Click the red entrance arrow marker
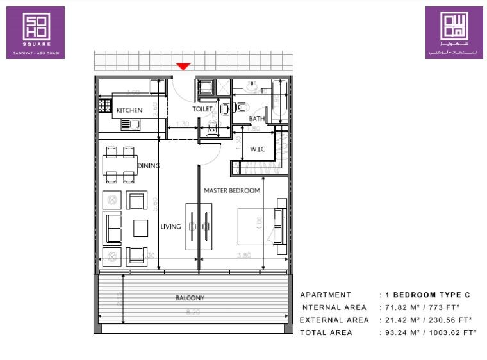click(184, 66)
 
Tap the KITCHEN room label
click(129, 110)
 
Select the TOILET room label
click(202, 109)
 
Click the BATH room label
click(257, 119)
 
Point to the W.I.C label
click(258, 149)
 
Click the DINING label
click(148, 166)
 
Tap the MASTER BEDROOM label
click(231, 190)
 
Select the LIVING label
click(171, 226)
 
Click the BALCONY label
click(190, 298)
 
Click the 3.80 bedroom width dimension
click(243, 255)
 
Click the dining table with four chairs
click(120, 164)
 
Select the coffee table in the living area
click(141, 227)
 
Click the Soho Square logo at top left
click(35, 32)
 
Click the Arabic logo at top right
click(454, 32)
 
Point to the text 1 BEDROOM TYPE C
click(427, 295)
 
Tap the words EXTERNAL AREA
click(333, 320)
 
